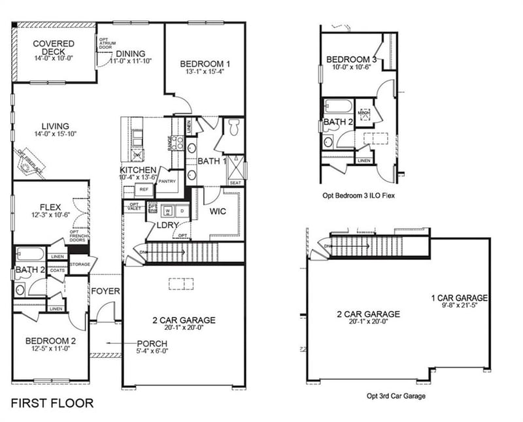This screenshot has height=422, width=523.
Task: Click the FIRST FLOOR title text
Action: (x=53, y=403)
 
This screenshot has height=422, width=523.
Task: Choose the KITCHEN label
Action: (x=138, y=170)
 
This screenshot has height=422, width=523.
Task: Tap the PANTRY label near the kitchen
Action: (x=167, y=182)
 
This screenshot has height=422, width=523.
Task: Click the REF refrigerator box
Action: (x=144, y=189)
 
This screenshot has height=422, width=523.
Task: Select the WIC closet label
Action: (x=218, y=212)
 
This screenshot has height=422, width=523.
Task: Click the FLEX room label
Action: (x=50, y=208)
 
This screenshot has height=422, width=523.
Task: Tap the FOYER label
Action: (x=105, y=291)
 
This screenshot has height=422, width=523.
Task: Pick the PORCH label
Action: (x=152, y=344)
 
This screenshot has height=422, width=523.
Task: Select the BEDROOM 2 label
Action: (x=51, y=340)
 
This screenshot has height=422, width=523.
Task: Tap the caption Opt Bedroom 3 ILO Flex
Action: (x=360, y=195)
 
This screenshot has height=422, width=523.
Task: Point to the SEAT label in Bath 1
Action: (x=235, y=183)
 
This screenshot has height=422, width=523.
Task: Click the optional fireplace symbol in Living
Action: (x=29, y=164)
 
